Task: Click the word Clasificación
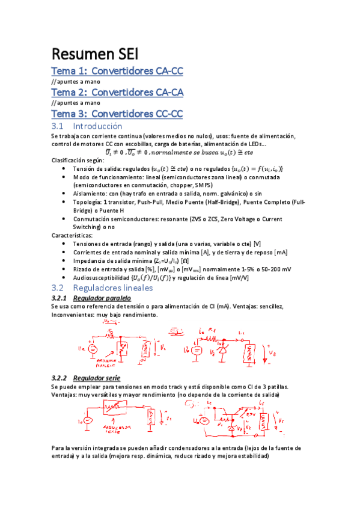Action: pos(70,161)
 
